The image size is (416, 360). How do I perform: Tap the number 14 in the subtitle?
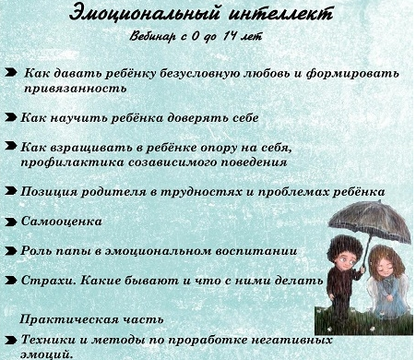[x=245, y=37]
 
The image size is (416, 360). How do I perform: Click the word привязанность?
[x=73, y=89]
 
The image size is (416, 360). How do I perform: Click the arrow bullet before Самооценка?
[x=10, y=222]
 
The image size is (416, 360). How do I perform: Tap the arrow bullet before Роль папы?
[x=10, y=250]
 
